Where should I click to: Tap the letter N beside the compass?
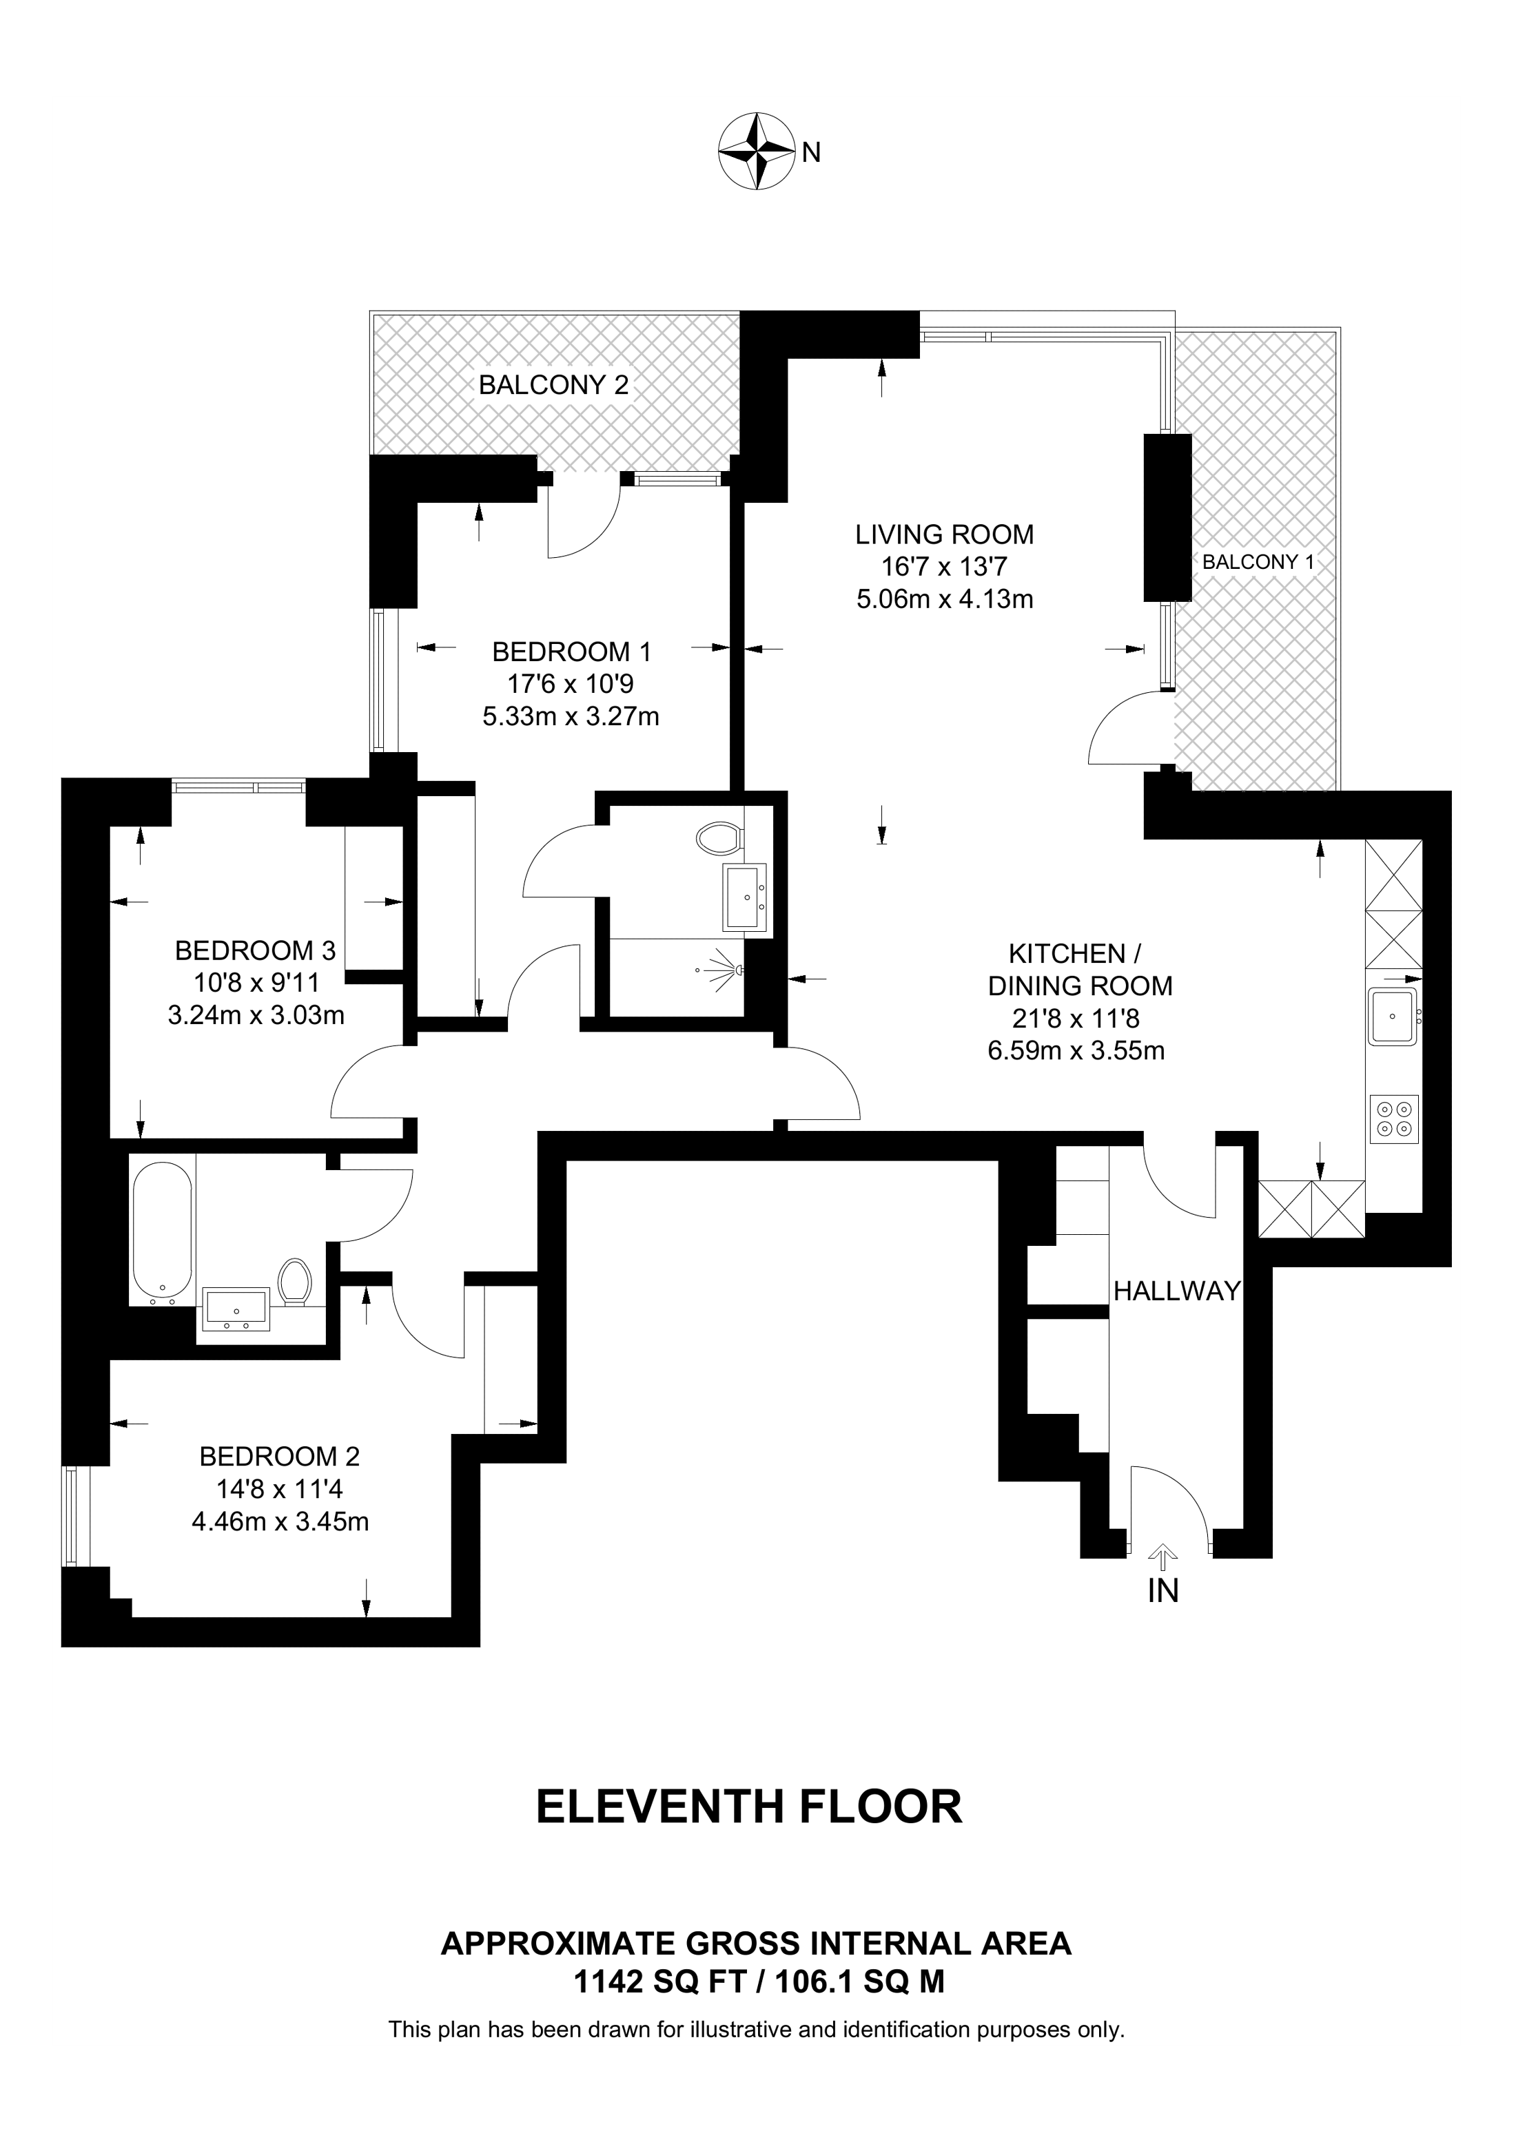click(x=811, y=152)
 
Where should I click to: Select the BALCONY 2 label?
click(x=554, y=385)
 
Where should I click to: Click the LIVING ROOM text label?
click(x=944, y=535)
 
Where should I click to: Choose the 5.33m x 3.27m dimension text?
click(x=571, y=716)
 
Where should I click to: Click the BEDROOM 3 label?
click(x=255, y=950)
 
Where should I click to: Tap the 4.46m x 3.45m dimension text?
click(x=280, y=1522)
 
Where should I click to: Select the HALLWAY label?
click(x=1177, y=1291)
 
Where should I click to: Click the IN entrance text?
click(x=1163, y=1590)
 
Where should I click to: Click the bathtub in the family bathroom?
click(x=163, y=1231)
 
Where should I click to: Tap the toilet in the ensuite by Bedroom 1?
click(x=719, y=837)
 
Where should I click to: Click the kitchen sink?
click(x=1393, y=1017)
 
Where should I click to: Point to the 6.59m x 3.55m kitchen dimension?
click(x=1076, y=1050)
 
